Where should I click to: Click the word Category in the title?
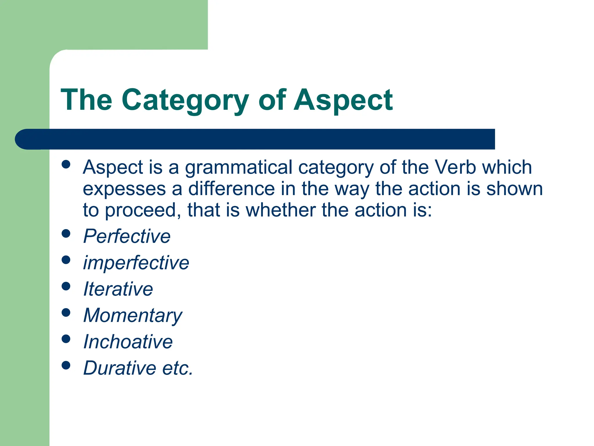tap(185, 100)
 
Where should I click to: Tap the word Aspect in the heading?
tap(343, 100)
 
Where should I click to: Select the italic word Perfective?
tap(127, 236)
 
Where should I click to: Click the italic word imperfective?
tap(136, 262)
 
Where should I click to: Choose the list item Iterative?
tap(118, 289)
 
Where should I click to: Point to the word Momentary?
tap(133, 316)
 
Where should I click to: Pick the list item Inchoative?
tap(128, 342)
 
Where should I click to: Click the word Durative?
tap(119, 368)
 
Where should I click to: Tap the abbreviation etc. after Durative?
tap(178, 368)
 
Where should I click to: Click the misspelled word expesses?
tap(124, 189)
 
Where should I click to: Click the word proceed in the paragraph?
tap(140, 210)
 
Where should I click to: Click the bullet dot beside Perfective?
tap(66, 234)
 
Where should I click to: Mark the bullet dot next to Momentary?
tap(66, 313)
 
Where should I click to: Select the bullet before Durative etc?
tap(66, 365)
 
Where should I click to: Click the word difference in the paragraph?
tap(231, 189)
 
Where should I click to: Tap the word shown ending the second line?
tap(514, 189)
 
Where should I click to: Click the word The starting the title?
tap(86, 100)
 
